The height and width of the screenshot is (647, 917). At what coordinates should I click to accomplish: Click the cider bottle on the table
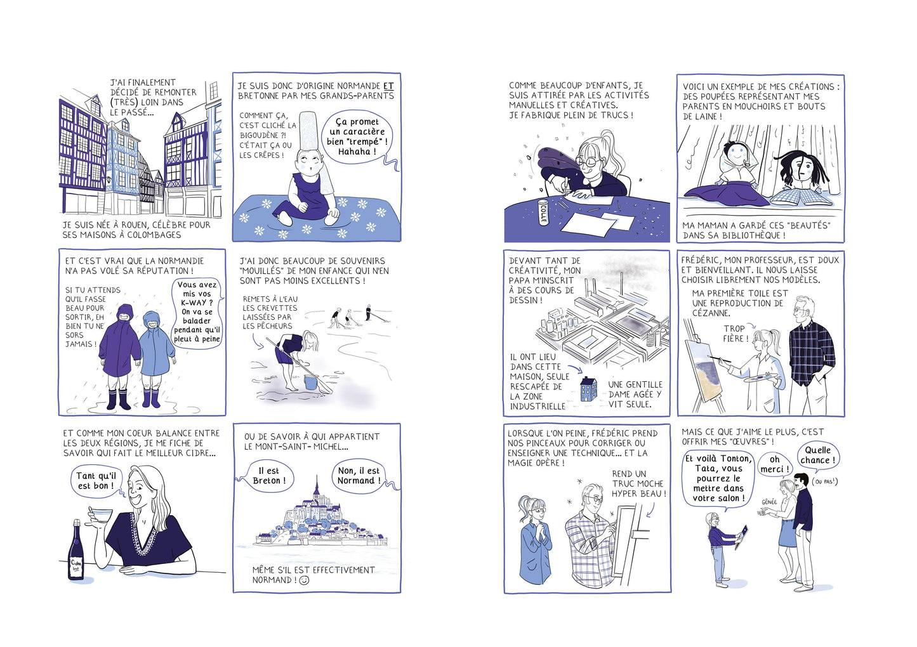[76, 551]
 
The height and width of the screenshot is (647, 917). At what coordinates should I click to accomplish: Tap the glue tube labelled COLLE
[543, 212]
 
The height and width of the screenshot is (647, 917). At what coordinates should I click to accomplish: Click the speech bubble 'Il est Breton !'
[268, 476]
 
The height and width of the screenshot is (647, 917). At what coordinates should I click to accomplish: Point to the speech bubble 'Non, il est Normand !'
[359, 476]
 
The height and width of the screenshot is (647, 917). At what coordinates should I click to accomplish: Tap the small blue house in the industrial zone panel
[589, 389]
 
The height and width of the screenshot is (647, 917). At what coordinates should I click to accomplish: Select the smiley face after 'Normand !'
[304, 580]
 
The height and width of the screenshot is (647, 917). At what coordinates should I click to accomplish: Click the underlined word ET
[388, 86]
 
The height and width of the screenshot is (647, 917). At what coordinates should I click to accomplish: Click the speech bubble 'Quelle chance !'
[817, 455]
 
